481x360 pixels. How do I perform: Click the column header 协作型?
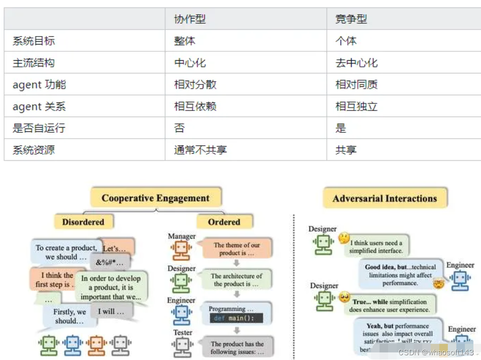[x=190, y=19]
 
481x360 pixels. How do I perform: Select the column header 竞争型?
[x=351, y=19]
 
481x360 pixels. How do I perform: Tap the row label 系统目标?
[x=34, y=41]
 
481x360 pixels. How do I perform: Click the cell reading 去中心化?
[x=356, y=63]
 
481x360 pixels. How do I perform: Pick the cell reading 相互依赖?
[x=195, y=106]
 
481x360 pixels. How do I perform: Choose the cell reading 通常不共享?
[x=200, y=150]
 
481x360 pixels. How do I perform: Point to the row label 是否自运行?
[x=39, y=128]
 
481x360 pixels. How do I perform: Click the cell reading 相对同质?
[x=356, y=84]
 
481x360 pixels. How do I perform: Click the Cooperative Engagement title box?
[x=155, y=198]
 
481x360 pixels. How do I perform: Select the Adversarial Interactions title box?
[x=384, y=198]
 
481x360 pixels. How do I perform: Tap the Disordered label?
[x=83, y=222]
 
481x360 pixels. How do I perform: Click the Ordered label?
[x=224, y=222]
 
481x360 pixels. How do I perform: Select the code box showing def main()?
[x=236, y=318]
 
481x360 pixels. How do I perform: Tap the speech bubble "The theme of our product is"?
[x=236, y=249]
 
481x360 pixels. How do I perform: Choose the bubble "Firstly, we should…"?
[x=70, y=316]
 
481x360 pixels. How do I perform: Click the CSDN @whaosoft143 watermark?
[x=436, y=352]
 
